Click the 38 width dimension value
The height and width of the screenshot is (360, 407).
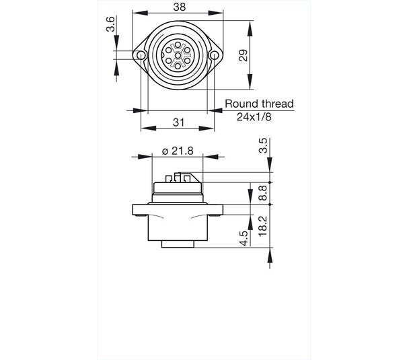pyautogui.click(x=180, y=7)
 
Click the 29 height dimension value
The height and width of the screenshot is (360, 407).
pyautogui.click(x=244, y=55)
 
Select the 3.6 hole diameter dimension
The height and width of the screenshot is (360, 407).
pyautogui.click(x=110, y=24)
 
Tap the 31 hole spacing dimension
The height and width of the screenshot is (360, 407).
pyautogui.click(x=178, y=122)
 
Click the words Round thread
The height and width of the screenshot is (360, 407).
pyautogui.click(x=259, y=104)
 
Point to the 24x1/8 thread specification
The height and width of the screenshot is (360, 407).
pyautogui.click(x=254, y=117)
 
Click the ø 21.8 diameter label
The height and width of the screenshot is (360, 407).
pyautogui.click(x=178, y=151)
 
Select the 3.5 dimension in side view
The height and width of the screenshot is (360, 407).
pyautogui.click(x=263, y=145)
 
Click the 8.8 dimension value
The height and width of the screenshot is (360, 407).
pyautogui.click(x=262, y=193)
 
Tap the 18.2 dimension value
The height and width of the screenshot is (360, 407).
pyautogui.click(x=262, y=226)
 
